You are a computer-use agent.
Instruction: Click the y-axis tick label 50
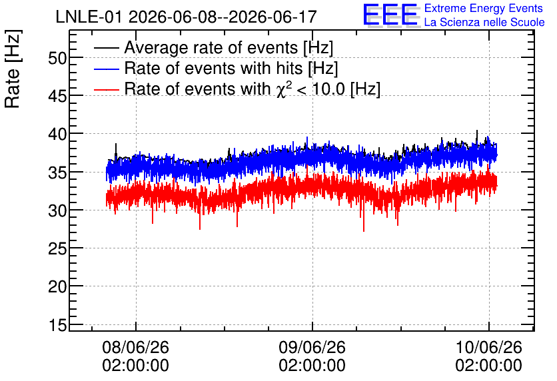point(57,58)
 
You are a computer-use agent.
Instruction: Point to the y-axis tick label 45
point(57,96)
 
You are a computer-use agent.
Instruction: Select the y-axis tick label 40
point(57,135)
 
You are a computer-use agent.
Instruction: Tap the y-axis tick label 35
point(57,173)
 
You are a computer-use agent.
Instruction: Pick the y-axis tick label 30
point(57,210)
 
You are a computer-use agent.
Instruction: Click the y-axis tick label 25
point(57,248)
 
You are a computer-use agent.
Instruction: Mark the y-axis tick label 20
point(57,286)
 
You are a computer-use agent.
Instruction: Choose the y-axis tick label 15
point(57,324)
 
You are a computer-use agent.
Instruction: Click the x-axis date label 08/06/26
point(135,347)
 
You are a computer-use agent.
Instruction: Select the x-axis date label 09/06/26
point(312,347)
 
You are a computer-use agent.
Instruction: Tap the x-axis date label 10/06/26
point(488,347)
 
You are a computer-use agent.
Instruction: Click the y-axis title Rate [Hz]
point(13,69)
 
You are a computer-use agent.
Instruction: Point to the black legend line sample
point(106,48)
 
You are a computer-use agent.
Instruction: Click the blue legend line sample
point(106,69)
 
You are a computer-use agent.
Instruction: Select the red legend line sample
point(106,89)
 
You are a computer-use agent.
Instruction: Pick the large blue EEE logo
point(390,15)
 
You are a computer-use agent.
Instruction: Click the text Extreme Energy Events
point(484,8)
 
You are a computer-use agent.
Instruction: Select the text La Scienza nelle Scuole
point(484,23)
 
